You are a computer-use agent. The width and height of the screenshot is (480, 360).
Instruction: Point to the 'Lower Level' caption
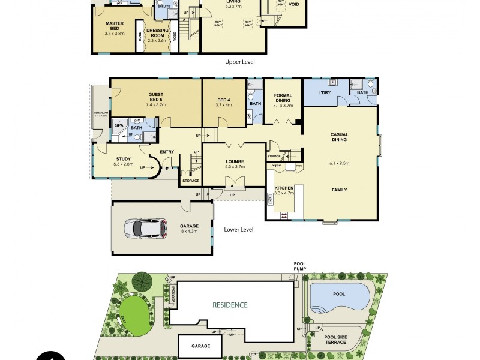238,229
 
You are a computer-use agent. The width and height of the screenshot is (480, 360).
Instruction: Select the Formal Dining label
283,98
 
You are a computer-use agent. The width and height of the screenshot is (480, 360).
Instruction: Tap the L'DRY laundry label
325,92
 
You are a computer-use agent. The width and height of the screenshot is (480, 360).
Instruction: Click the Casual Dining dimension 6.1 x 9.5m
340,163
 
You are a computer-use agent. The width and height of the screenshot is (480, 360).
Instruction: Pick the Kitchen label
284,188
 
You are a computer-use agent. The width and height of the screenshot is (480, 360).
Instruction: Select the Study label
122,159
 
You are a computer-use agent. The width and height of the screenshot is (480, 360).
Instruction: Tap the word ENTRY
167,152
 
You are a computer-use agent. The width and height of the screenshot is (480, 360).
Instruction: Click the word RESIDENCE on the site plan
230,305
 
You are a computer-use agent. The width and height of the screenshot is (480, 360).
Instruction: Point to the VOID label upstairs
294,4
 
